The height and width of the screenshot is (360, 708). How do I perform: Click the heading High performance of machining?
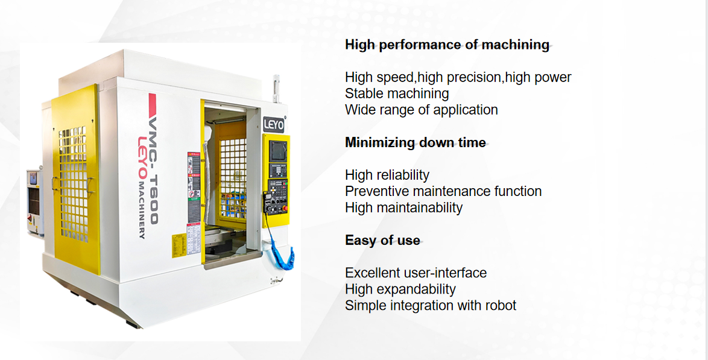click(x=447, y=45)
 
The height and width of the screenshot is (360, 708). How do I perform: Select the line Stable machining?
click(x=397, y=93)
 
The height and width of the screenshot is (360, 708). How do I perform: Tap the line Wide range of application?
click(x=421, y=110)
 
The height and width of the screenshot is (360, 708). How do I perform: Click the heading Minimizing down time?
click(x=415, y=142)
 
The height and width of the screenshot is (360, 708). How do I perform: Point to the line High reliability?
click(x=387, y=175)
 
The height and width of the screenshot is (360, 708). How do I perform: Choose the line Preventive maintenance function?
click(x=443, y=191)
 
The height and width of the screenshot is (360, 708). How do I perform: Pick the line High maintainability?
click(x=403, y=207)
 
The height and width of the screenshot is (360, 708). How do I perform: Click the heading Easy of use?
click(x=382, y=240)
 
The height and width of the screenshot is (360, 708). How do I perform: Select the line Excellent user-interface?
click(x=416, y=273)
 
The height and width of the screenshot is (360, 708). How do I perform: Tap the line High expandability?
click(x=400, y=289)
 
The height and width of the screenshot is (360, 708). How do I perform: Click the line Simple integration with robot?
click(x=431, y=305)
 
